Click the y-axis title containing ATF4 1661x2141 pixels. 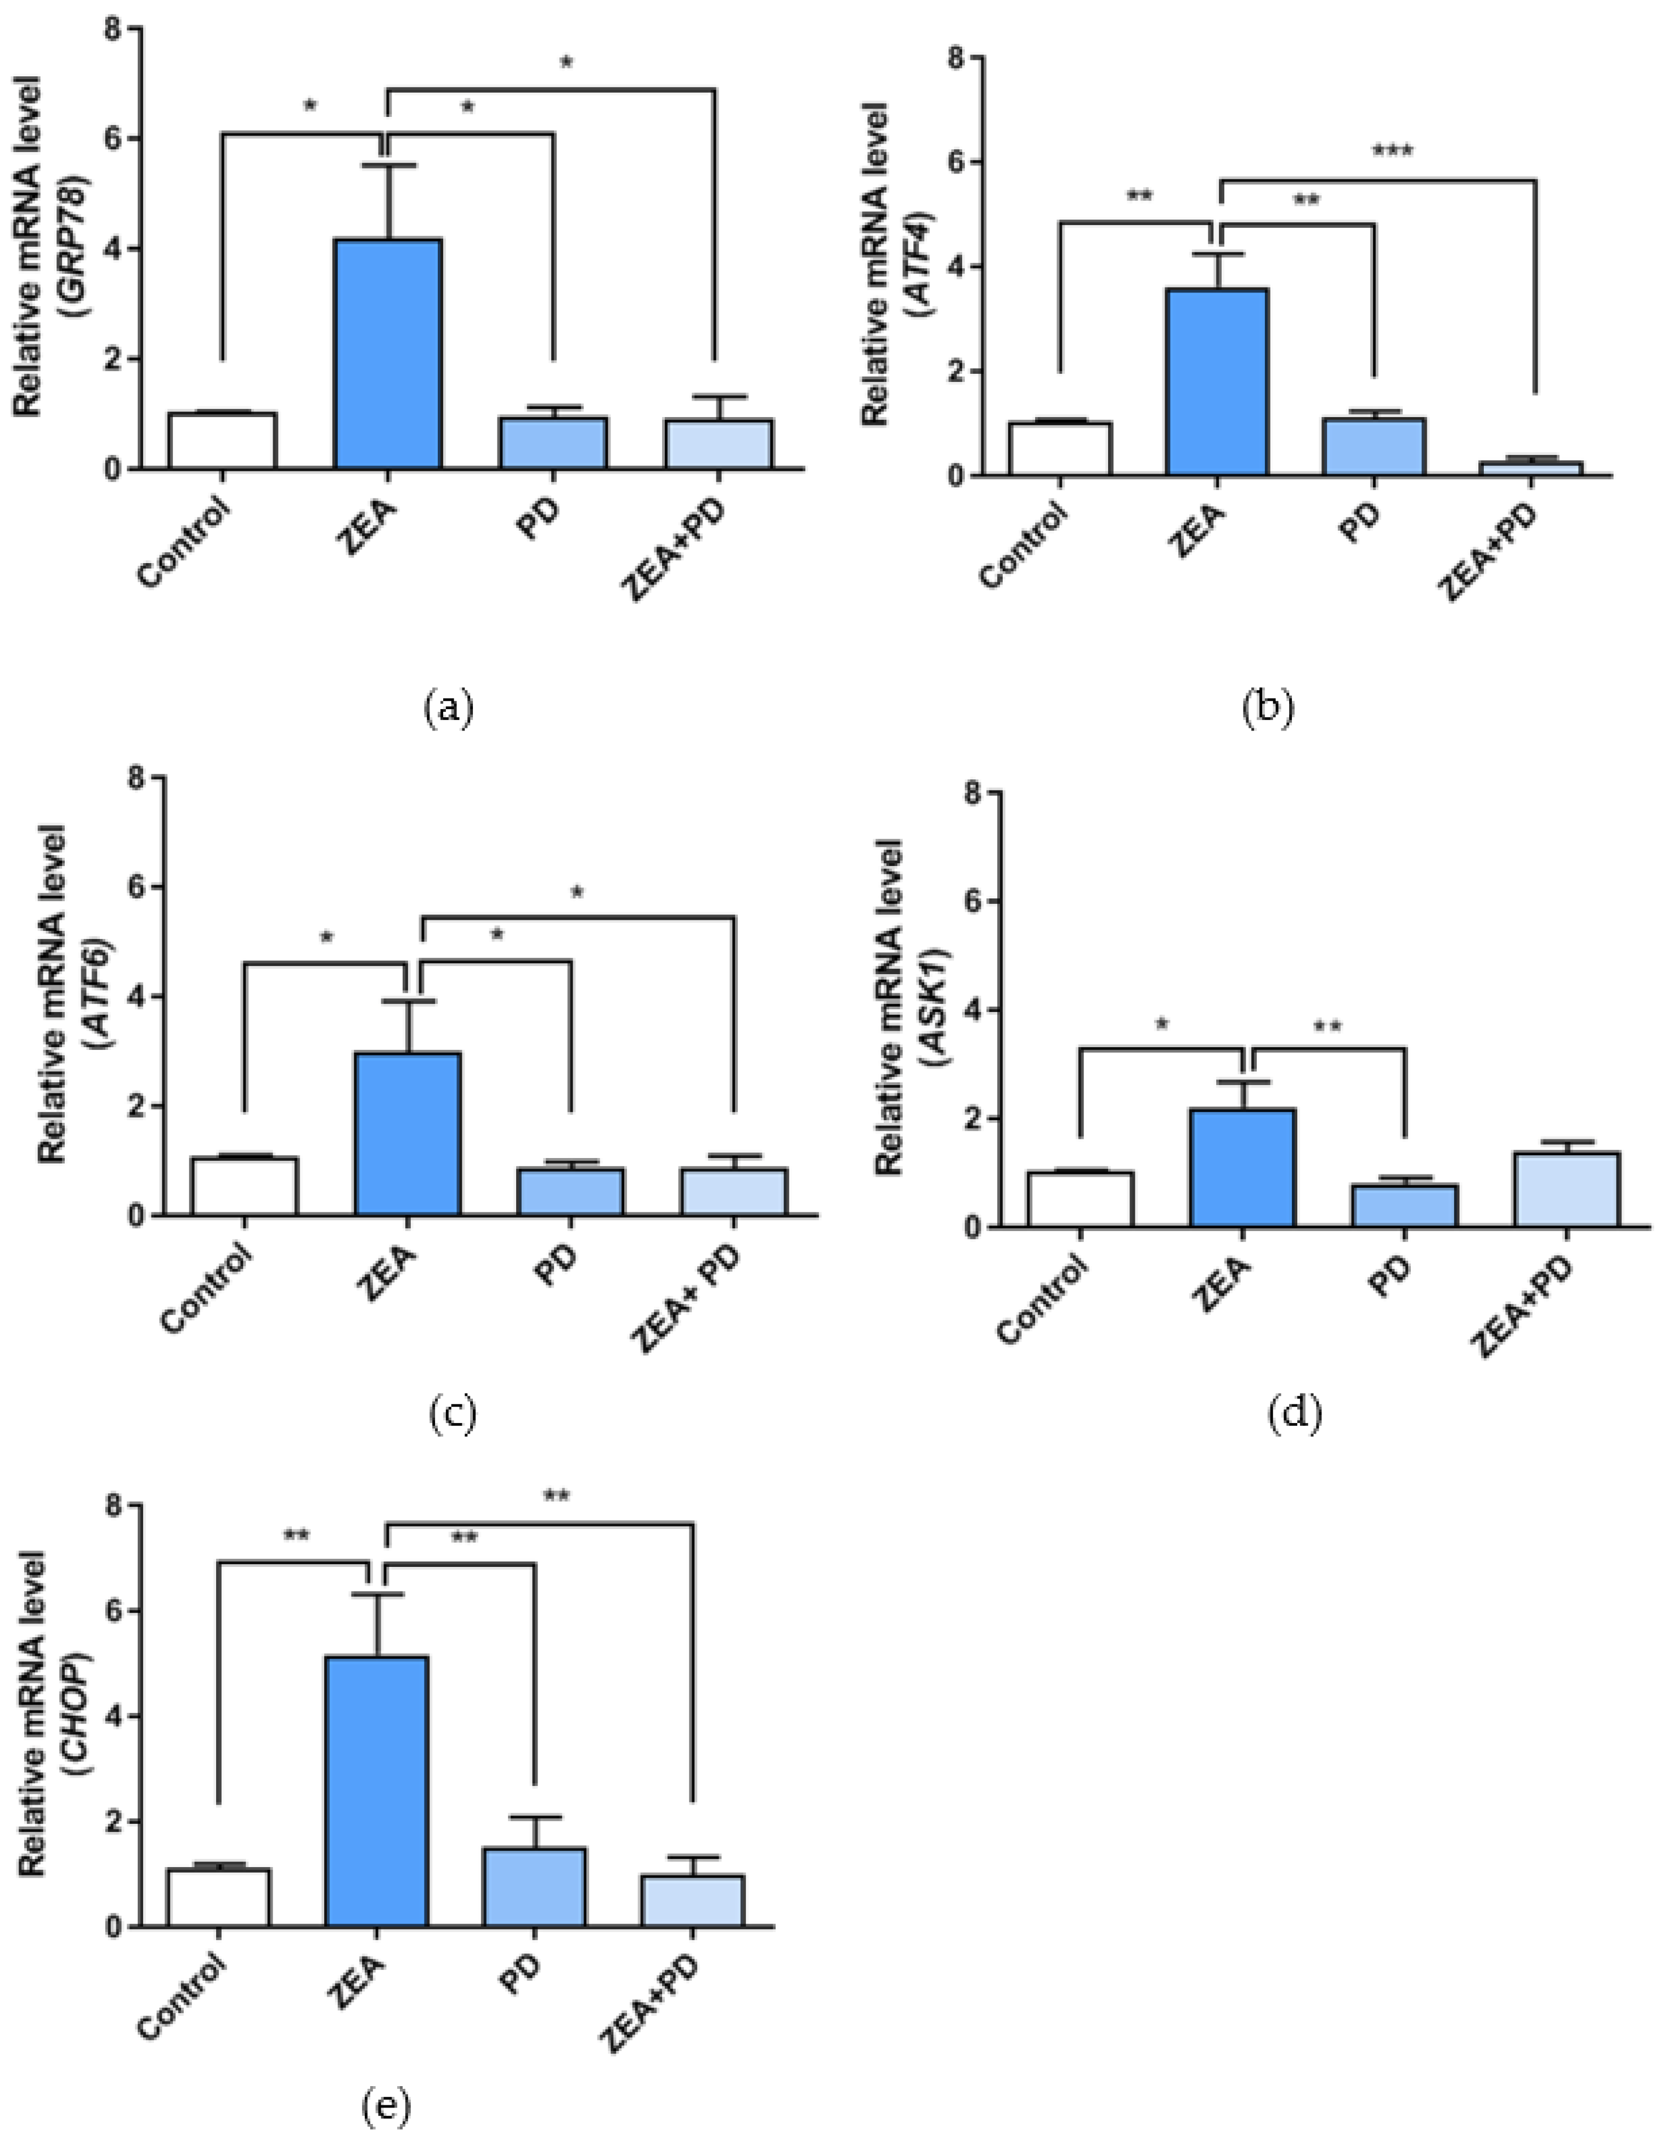890,265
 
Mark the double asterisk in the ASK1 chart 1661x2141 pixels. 1328,1027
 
